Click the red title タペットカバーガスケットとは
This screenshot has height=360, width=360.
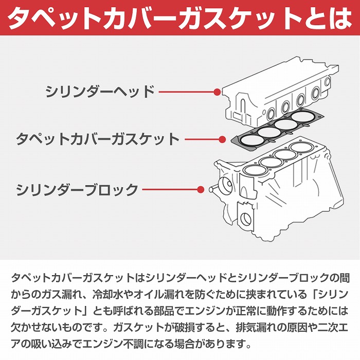180,18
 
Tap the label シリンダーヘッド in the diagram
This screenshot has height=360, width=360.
100,93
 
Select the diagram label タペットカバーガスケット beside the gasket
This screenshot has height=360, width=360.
98,139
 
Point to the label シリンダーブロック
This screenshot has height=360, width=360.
77,189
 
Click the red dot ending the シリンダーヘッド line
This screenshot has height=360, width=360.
217,93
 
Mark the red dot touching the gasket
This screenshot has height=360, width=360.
223,139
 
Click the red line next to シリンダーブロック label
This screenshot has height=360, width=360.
170,189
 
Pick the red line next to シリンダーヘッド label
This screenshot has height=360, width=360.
185,93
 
